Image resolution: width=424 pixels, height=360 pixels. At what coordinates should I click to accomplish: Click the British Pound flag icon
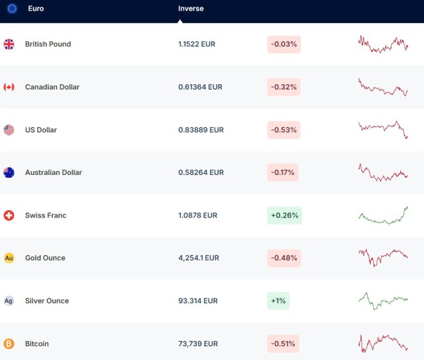[9, 44]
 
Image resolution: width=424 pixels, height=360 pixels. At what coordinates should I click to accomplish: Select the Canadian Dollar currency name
[52, 87]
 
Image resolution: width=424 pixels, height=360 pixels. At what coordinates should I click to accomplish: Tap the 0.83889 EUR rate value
[201, 130]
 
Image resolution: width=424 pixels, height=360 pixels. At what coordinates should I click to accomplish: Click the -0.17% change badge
[284, 172]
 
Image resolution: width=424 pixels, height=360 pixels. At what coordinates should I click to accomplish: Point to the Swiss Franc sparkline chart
[383, 215]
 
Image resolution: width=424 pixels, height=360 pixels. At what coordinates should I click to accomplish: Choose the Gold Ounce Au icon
[9, 258]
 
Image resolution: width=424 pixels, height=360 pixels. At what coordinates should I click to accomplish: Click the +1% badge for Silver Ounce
[278, 301]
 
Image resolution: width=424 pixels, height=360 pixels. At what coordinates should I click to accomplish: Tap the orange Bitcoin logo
[9, 343]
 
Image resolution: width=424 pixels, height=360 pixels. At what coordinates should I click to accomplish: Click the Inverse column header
[191, 9]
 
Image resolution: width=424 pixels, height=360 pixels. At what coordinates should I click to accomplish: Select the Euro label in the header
[36, 9]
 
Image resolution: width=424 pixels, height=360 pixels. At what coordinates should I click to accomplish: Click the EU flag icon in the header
[12, 9]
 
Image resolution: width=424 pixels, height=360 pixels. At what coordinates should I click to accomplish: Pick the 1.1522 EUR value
[197, 44]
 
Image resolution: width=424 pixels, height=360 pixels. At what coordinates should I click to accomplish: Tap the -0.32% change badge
[284, 87]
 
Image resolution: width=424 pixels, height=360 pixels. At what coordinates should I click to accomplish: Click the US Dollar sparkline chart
[383, 129]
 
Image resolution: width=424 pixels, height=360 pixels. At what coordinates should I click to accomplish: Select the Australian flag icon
[9, 172]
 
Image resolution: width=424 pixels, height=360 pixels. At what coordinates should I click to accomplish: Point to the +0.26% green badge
[284, 215]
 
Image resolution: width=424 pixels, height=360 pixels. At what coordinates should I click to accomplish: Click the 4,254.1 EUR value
[199, 258]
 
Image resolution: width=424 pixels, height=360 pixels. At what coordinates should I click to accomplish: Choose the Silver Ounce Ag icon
[9, 301]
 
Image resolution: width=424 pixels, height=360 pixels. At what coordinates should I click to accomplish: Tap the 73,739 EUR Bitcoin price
[197, 343]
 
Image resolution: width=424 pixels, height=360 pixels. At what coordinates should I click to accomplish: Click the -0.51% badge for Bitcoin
[284, 343]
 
